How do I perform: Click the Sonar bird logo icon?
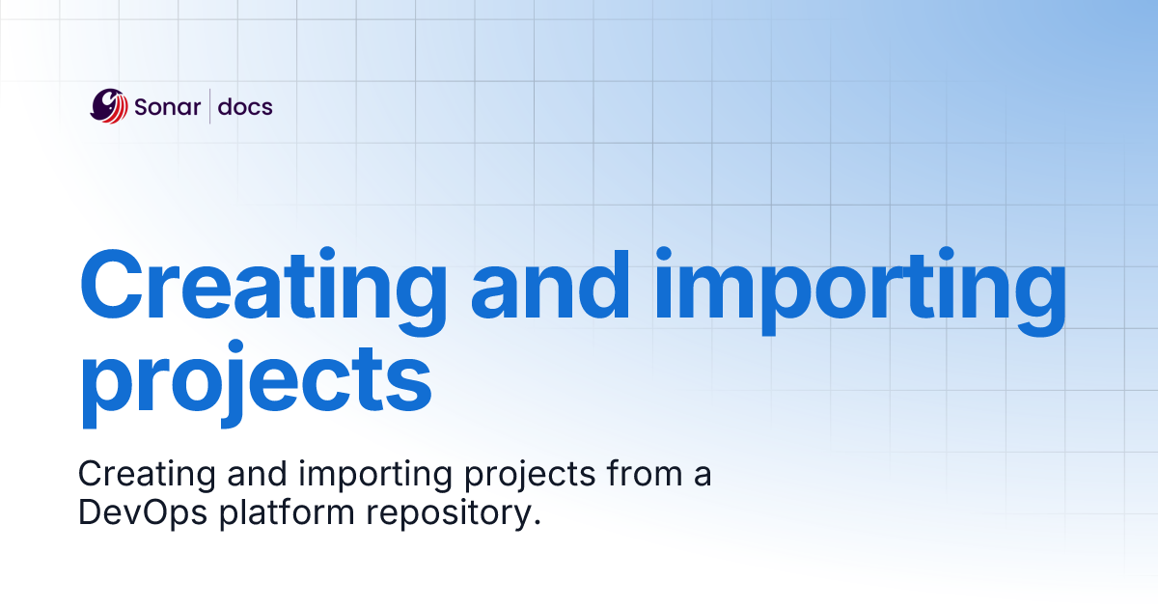[x=109, y=105]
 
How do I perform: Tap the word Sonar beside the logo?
[x=168, y=106]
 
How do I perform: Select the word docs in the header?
[x=245, y=106]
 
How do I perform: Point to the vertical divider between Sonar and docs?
[x=210, y=105]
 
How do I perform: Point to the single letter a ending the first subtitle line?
[x=703, y=477]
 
